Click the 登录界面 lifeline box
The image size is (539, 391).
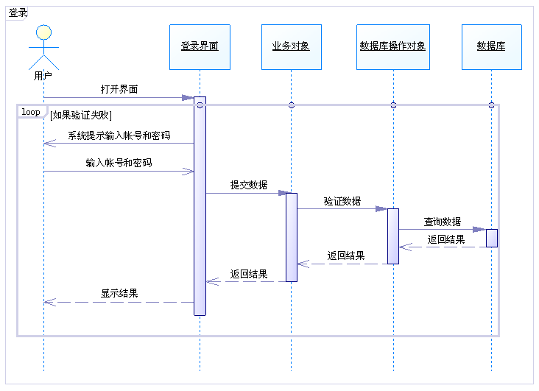click(x=200, y=46)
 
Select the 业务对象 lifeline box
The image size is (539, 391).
click(x=291, y=46)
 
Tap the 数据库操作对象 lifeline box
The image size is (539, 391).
click(x=392, y=46)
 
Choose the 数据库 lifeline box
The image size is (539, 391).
click(x=491, y=46)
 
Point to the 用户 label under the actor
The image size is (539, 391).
click(x=43, y=75)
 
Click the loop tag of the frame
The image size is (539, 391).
click(x=31, y=112)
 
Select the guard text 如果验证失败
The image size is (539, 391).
click(x=81, y=114)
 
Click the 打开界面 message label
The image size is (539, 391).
click(x=119, y=90)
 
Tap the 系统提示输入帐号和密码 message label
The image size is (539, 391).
click(x=119, y=135)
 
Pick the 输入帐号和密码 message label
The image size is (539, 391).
click(x=119, y=163)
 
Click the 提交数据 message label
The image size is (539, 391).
click(x=249, y=185)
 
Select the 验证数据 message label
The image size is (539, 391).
click(x=342, y=200)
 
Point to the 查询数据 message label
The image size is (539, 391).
click(x=443, y=221)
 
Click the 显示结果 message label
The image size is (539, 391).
click(x=119, y=293)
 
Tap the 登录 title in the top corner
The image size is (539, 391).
click(x=18, y=13)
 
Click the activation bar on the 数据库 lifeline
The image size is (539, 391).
click(x=491, y=238)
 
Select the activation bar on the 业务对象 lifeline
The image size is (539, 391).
click(x=292, y=237)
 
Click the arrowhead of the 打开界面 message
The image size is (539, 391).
click(x=188, y=97)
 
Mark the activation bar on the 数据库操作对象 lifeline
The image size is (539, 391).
click(x=393, y=236)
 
